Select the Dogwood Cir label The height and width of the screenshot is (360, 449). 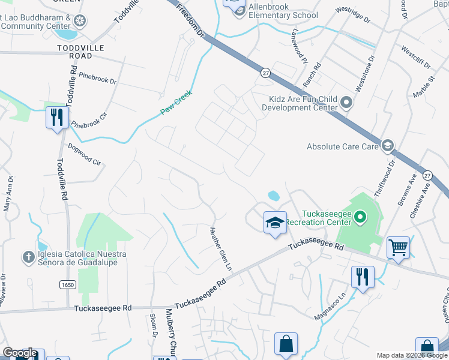(x=83, y=154)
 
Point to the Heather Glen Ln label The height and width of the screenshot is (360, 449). (x=220, y=247)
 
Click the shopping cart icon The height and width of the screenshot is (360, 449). (x=398, y=247)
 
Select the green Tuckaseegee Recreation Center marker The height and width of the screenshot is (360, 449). (x=360, y=216)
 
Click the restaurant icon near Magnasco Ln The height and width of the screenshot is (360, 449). (x=363, y=277)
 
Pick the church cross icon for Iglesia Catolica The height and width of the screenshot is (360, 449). (x=28, y=257)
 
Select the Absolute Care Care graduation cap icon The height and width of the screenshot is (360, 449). (x=388, y=145)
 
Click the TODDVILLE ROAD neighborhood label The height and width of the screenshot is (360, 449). (x=80, y=52)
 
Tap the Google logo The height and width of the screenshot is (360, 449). (x=20, y=353)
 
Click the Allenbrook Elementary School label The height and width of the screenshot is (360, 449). (x=283, y=11)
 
